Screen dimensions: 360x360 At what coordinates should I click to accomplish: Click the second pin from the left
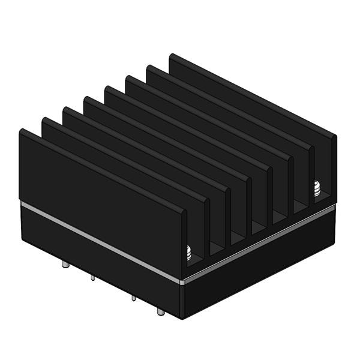click(92, 278)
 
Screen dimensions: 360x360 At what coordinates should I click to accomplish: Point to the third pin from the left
click(132, 298)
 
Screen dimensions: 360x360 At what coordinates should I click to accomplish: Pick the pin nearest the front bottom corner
click(159, 311)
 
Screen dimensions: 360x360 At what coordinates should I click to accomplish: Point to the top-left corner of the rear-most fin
click(170, 55)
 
